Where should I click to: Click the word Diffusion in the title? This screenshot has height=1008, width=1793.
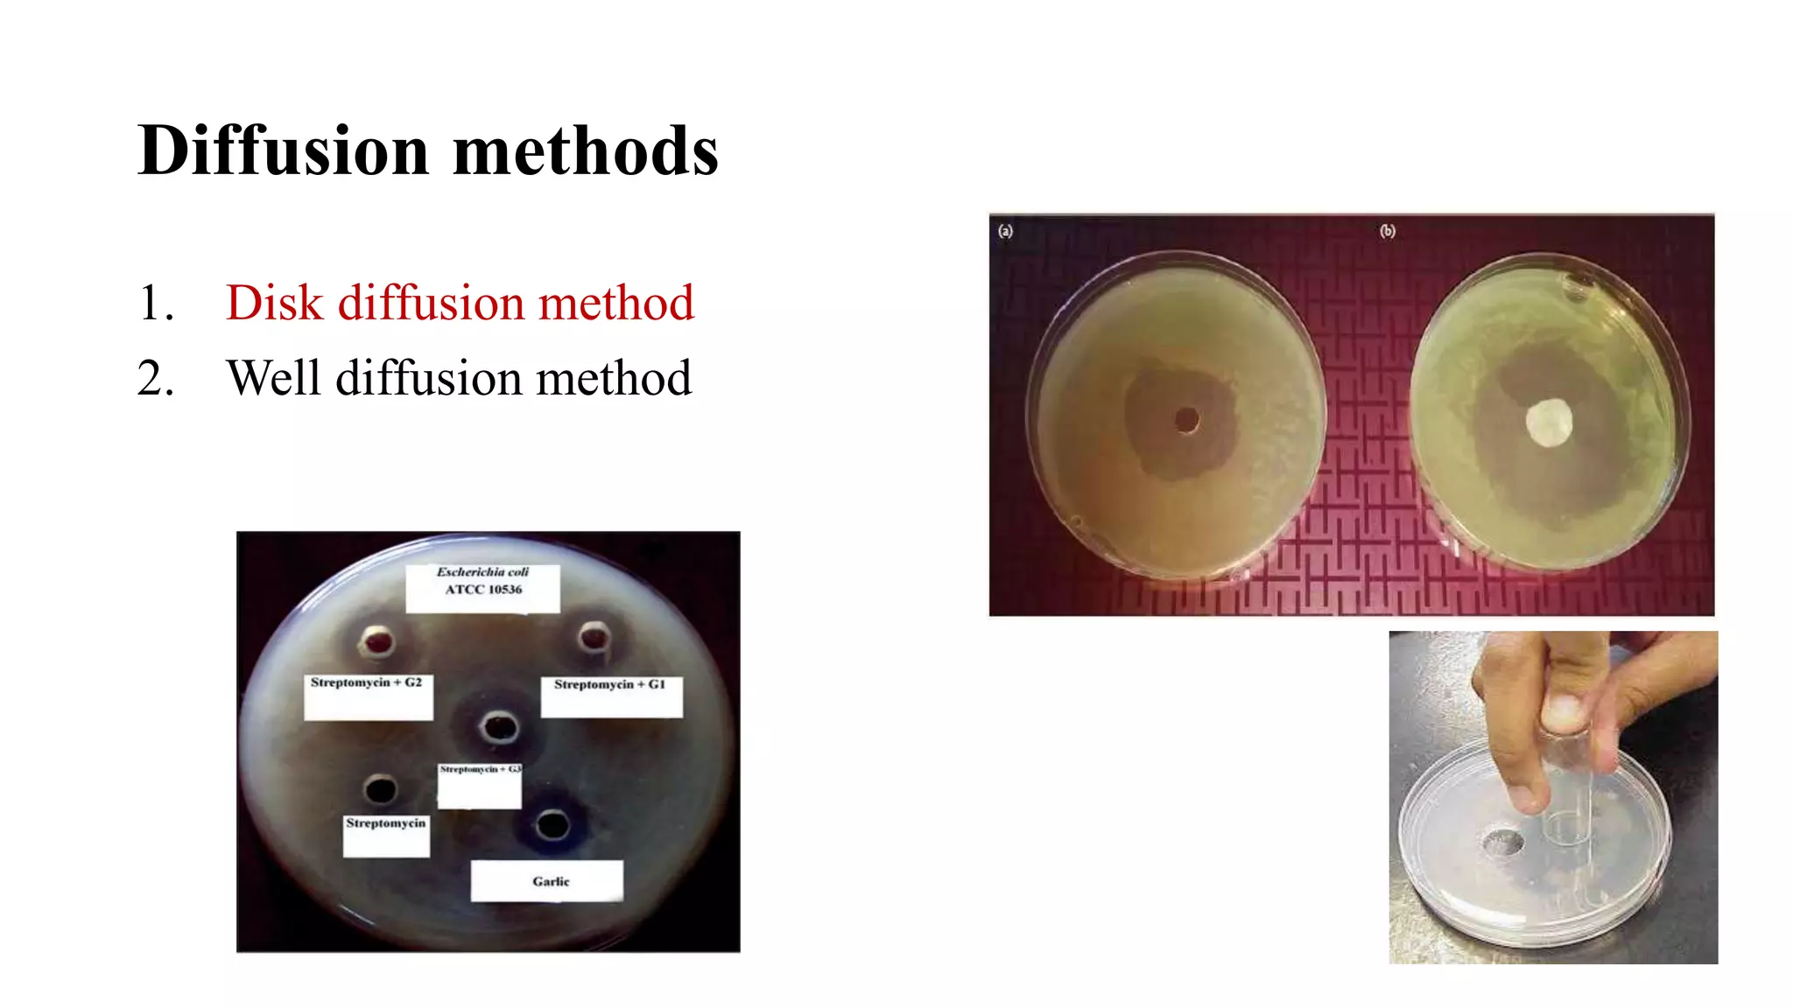283,150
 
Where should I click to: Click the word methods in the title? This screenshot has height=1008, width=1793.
585,150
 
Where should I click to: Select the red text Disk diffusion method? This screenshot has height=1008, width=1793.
460,303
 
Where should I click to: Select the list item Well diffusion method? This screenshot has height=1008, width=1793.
459,378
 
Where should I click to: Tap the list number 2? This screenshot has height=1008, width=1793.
155,379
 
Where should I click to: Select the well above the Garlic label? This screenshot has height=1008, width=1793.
552,823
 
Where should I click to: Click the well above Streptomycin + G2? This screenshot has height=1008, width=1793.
378,642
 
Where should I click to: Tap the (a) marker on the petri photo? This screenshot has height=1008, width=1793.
1005,231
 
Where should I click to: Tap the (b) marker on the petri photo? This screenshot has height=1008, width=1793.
1388,231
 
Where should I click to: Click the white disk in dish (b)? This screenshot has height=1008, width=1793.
1549,423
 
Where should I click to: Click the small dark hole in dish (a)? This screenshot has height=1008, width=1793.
1186,421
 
